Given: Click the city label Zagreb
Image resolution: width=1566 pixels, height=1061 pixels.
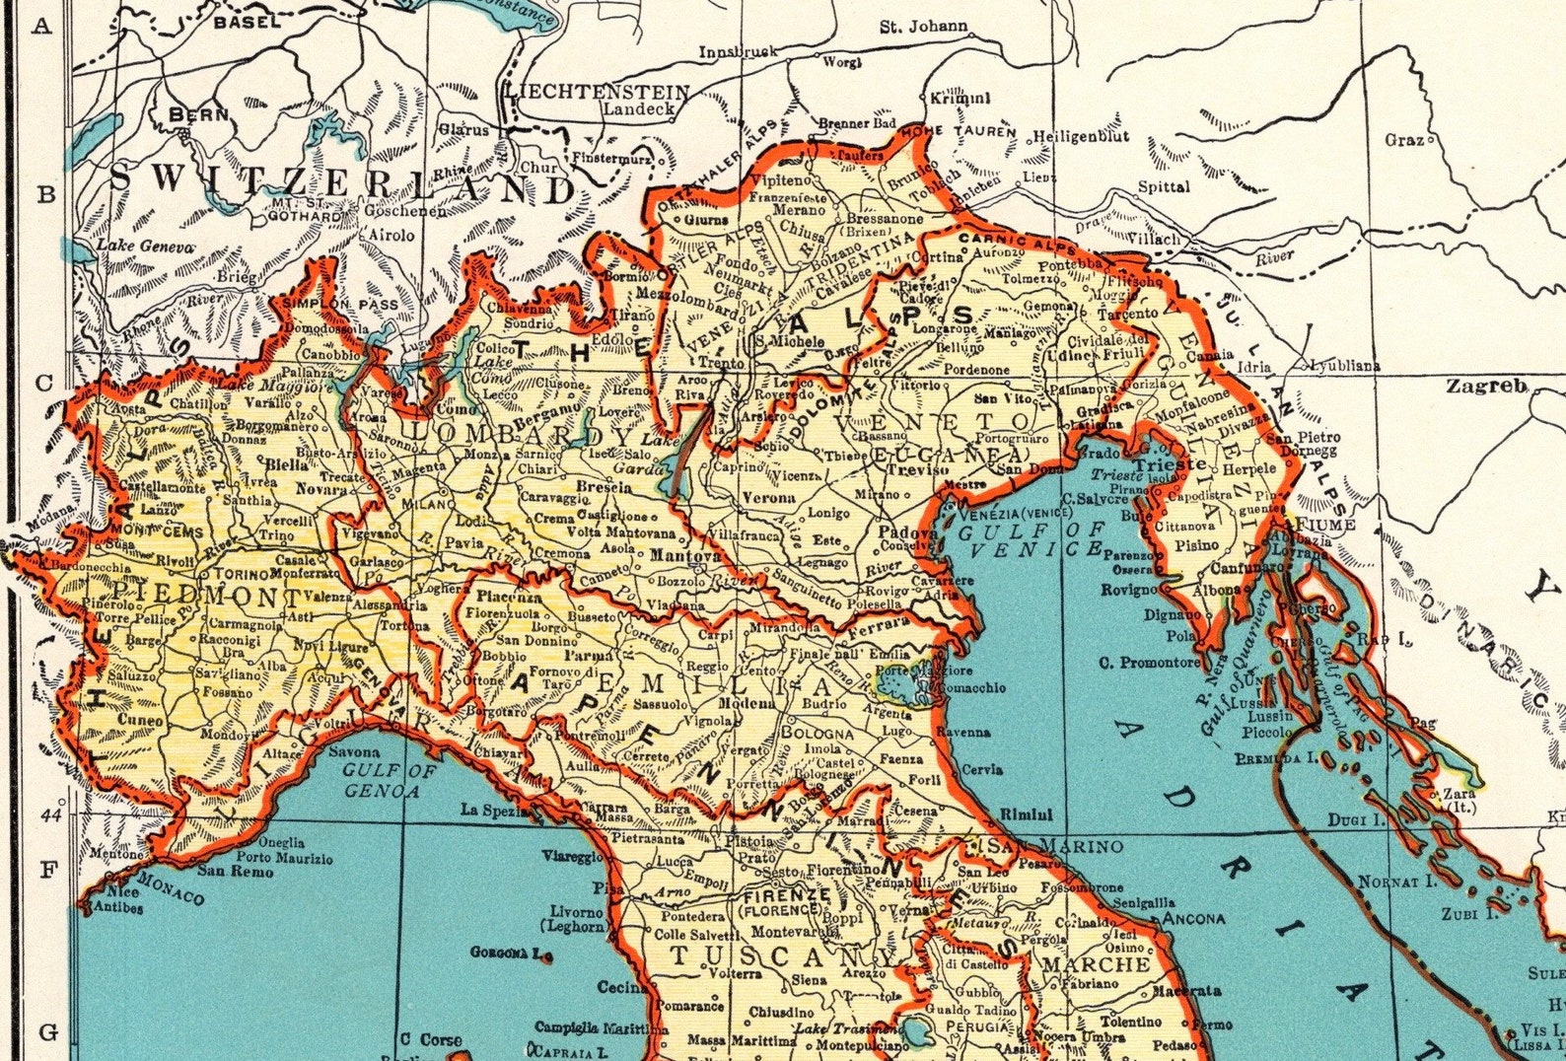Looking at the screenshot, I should click(1486, 386).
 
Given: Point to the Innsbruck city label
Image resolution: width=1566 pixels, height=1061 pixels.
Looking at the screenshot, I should click(738, 51).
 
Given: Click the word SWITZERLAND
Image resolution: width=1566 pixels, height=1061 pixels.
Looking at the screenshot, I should click(340, 184).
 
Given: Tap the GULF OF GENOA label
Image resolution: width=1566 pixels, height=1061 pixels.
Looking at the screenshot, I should click(390, 780).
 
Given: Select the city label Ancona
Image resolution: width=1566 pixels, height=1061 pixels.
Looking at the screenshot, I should click(1193, 918).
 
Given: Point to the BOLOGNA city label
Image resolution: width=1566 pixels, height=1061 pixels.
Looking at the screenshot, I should click(818, 734).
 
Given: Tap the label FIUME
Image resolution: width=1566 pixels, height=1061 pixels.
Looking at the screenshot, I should click(1325, 525).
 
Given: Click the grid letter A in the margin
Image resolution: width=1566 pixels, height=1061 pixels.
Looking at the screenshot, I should click(41, 26).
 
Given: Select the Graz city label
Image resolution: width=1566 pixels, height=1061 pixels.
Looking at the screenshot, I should click(1403, 140).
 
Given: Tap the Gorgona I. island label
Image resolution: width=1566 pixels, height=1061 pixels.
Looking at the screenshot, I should click(507, 954).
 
